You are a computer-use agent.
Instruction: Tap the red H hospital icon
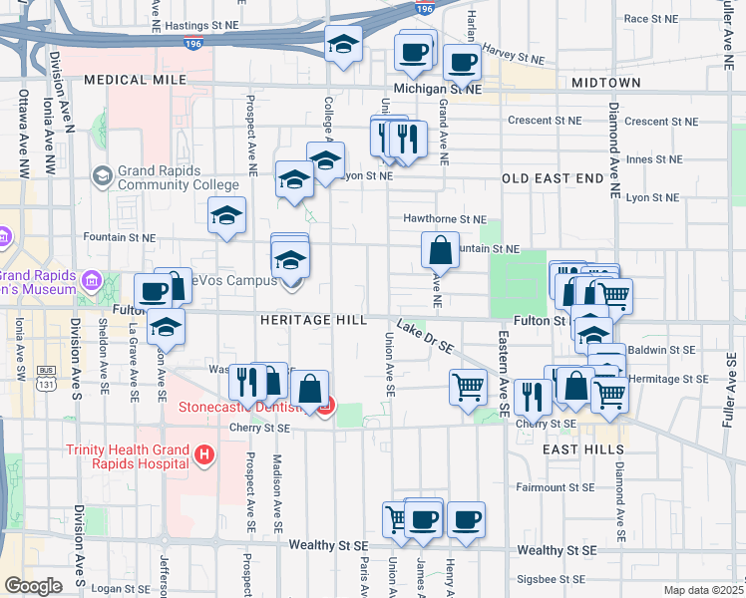coord(204,455)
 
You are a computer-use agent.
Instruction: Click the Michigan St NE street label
coord(437,89)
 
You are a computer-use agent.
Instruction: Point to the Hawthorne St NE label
coord(444,218)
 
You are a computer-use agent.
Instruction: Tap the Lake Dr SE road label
coord(425,336)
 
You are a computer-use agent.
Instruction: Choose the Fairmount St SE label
coord(555,488)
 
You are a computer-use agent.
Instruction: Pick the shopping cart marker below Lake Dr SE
coord(468,386)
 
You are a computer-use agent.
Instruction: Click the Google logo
coord(33,586)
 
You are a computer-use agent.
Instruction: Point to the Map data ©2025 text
coord(703,590)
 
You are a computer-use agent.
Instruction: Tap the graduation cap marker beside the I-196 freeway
coord(343,45)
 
